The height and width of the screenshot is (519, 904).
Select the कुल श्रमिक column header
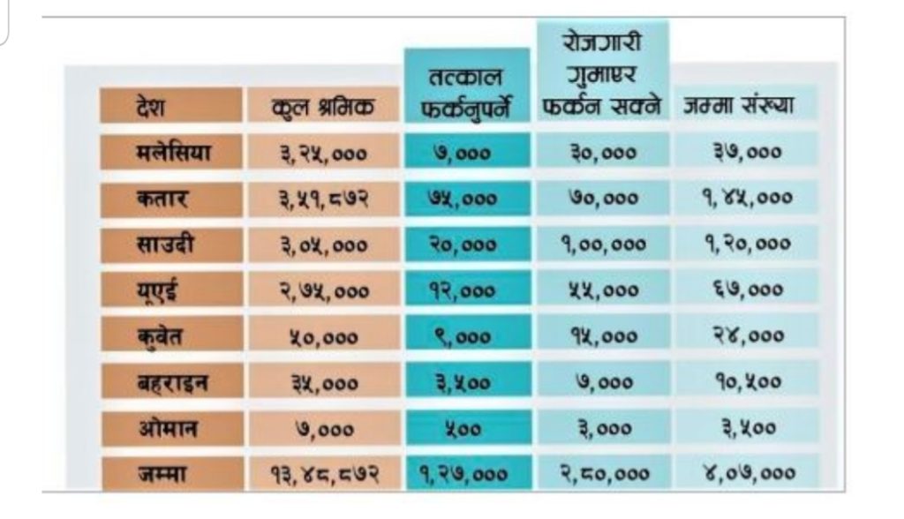pos(323,107)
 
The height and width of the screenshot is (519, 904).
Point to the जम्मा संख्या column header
pos(739,105)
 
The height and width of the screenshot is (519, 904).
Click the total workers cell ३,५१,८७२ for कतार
pos(323,198)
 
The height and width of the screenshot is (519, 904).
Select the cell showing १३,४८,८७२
pos(323,474)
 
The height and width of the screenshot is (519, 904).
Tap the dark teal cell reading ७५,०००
pos(467,198)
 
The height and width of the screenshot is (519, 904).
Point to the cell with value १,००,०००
pos(603,244)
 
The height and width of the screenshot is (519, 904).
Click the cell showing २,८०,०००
pos(603,474)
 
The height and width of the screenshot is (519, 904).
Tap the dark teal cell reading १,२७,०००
pos(467,474)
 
